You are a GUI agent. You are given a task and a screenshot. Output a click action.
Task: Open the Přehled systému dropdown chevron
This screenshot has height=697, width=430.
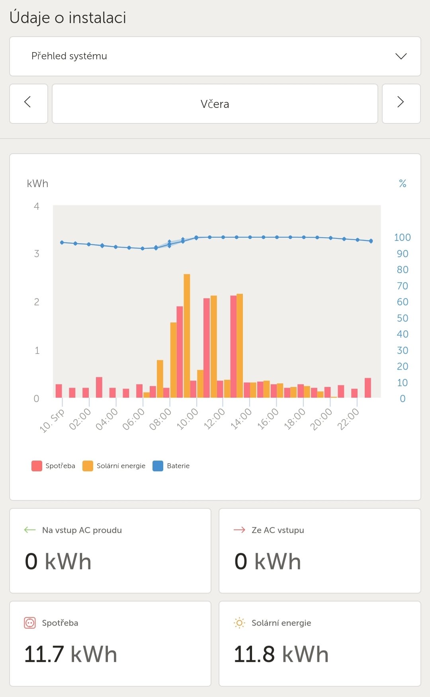[x=401, y=56]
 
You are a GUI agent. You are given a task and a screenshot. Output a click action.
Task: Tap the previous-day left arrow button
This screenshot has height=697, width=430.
[x=28, y=103]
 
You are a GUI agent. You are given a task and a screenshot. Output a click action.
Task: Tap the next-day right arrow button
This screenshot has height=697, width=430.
[x=401, y=103]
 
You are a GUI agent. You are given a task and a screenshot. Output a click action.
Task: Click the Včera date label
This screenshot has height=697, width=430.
[x=215, y=104]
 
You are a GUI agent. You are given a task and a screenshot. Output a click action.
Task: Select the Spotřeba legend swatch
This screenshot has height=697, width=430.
[x=37, y=466]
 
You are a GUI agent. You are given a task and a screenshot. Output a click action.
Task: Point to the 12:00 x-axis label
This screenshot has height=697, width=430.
[x=214, y=420]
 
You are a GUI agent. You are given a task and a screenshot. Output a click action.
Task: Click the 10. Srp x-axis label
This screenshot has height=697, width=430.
[x=52, y=421]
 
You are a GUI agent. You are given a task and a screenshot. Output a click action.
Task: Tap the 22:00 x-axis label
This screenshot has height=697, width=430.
[x=348, y=420]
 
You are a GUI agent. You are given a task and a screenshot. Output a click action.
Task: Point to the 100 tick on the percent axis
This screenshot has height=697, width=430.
[x=402, y=238]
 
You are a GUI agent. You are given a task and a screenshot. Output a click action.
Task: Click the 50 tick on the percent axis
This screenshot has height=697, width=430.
[x=402, y=318]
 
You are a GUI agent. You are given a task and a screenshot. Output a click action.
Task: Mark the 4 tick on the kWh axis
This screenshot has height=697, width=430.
[x=37, y=206]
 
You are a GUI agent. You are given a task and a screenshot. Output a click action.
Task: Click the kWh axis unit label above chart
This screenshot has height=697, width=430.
[x=37, y=184]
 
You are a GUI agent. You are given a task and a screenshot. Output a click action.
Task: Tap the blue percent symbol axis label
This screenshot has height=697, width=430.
[x=403, y=184]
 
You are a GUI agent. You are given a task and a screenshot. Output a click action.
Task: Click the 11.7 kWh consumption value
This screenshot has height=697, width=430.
[x=71, y=654]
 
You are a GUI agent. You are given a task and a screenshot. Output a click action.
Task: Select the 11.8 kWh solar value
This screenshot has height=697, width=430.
[x=281, y=654]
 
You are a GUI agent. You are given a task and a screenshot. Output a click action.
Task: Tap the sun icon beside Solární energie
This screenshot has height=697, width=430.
[x=239, y=623]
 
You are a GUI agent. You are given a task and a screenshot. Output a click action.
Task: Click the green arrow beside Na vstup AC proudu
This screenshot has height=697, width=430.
[x=30, y=530]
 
